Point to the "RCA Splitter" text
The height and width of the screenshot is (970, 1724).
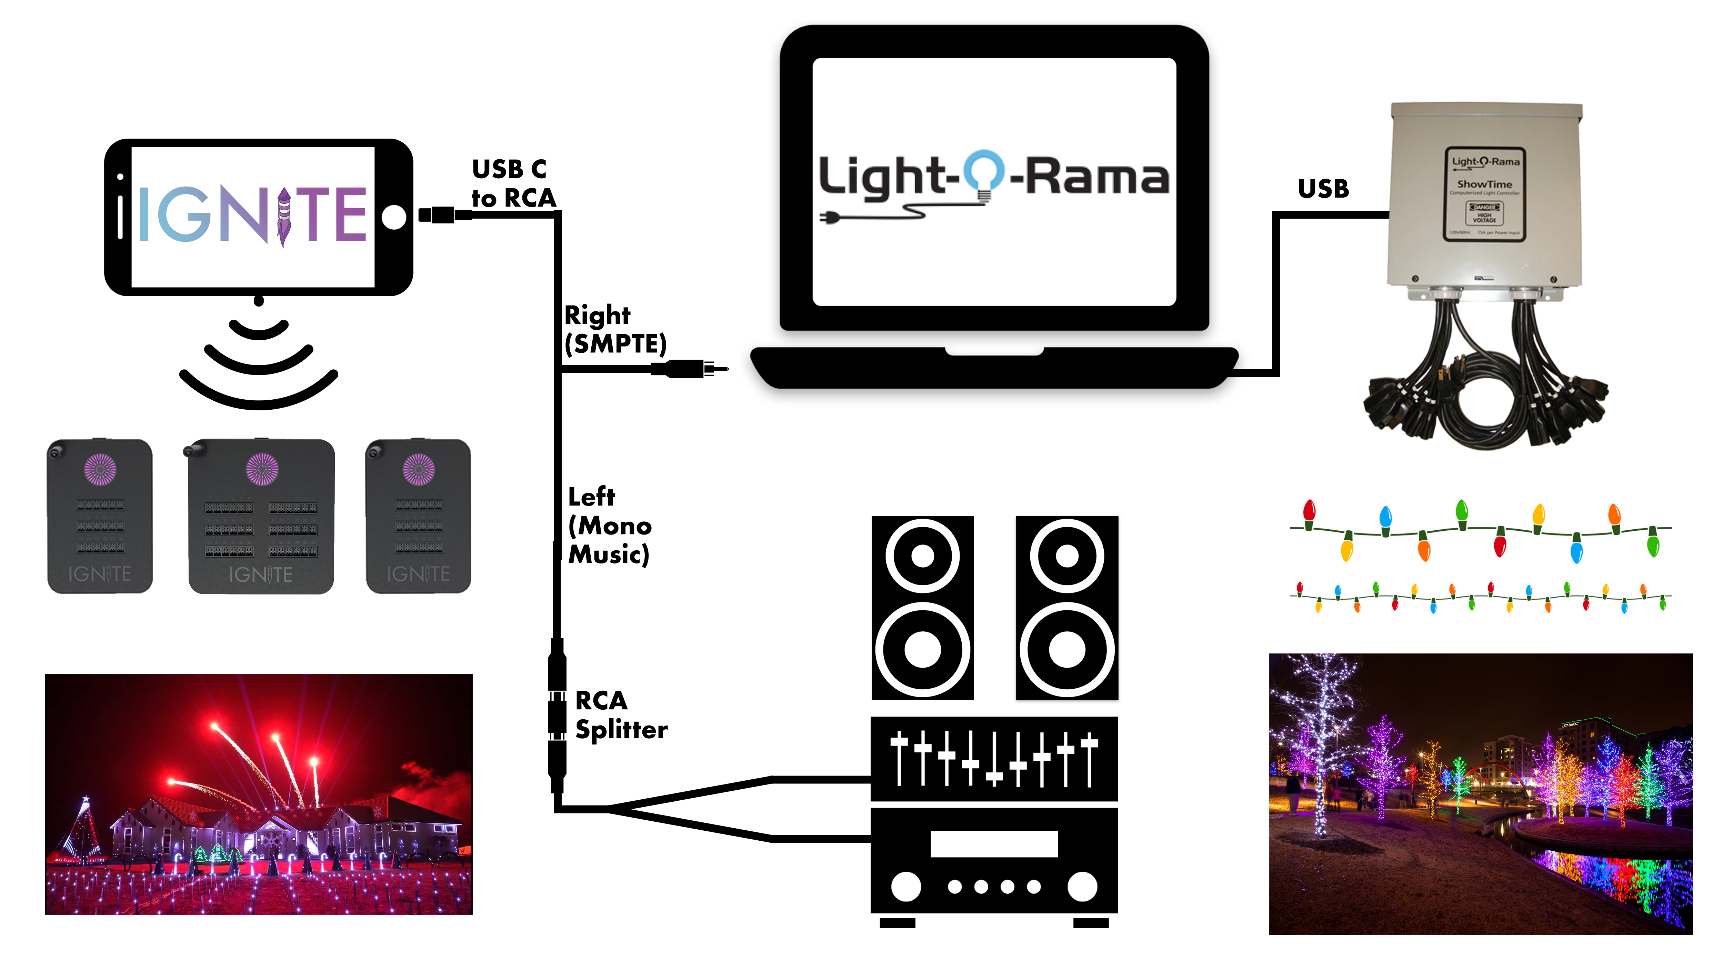coord(620,715)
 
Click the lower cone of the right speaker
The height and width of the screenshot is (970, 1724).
coord(1067,649)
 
